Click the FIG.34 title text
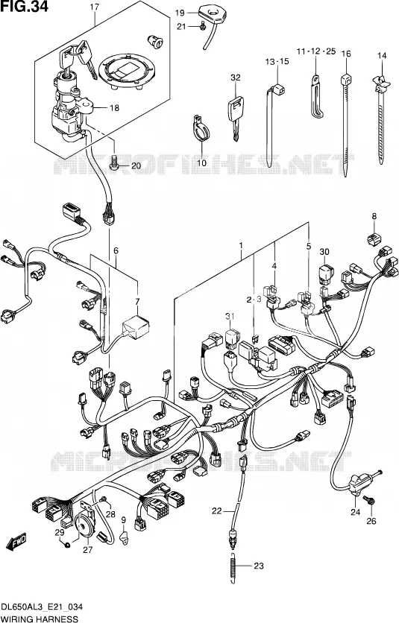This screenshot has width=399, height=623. click(24, 7)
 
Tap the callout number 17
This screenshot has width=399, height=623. click(94, 7)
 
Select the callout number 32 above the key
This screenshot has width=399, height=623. click(236, 78)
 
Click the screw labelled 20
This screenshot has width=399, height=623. click(114, 165)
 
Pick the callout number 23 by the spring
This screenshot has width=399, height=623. click(259, 566)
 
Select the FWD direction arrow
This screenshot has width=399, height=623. click(16, 540)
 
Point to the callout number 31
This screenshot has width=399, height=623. click(229, 316)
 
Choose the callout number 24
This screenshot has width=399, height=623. click(355, 512)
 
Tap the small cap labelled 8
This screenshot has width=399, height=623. click(373, 238)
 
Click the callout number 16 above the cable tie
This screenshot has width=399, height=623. click(346, 54)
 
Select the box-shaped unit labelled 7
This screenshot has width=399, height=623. click(136, 326)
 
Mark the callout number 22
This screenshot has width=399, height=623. click(216, 511)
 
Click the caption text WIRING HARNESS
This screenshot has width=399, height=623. click(40, 619)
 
